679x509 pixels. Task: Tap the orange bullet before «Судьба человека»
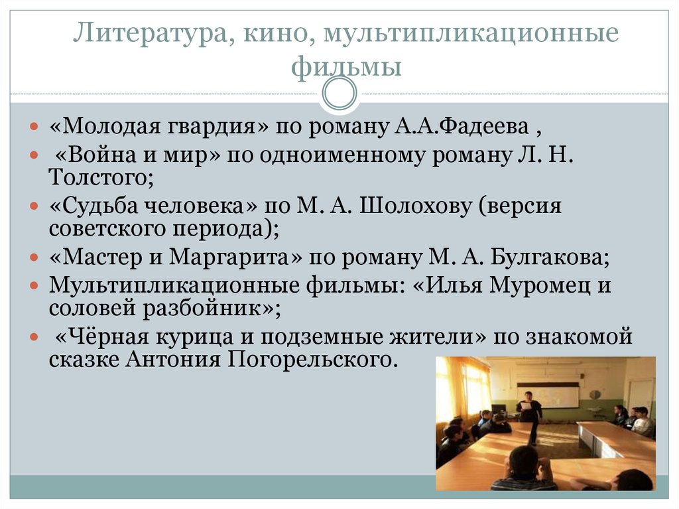35,206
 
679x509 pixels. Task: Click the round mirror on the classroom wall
595,394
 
